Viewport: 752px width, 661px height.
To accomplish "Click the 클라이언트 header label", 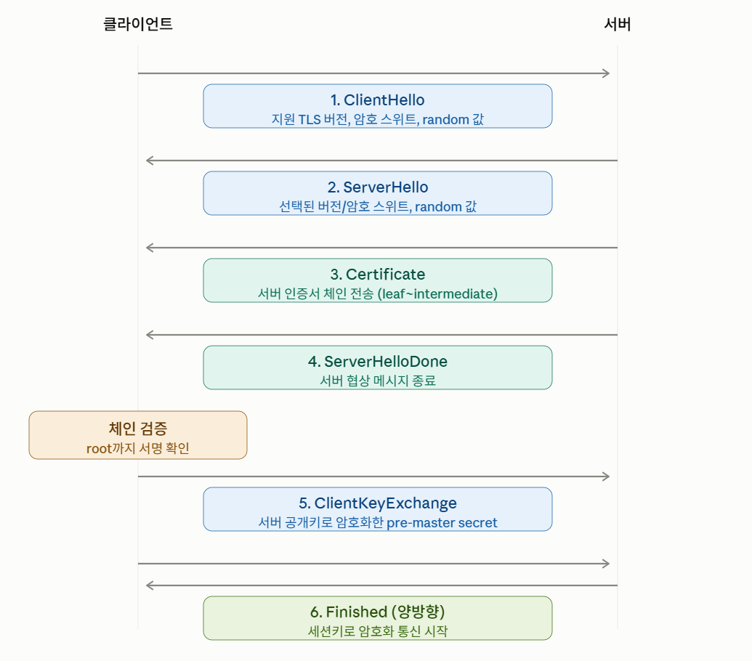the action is point(137,24).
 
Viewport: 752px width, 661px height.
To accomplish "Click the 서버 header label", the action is point(618,24).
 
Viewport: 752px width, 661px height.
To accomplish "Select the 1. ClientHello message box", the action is point(377,106).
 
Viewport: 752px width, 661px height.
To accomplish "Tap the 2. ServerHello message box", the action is point(377,193).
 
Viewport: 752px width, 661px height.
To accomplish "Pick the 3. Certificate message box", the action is point(377,280).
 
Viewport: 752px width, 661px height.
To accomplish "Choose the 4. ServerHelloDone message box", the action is point(377,368).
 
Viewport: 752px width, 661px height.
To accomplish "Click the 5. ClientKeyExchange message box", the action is point(377,509).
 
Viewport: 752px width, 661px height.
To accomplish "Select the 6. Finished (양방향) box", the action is point(377,618).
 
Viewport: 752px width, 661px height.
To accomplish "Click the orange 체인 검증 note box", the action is point(137,435).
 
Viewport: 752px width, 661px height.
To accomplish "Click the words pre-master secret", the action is point(442,522).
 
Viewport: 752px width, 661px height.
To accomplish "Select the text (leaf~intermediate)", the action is point(437,293).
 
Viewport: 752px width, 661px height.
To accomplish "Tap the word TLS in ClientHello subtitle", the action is point(310,119).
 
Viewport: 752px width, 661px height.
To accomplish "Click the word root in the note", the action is point(99,449).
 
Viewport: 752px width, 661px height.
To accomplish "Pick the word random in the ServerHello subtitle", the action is point(437,206).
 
